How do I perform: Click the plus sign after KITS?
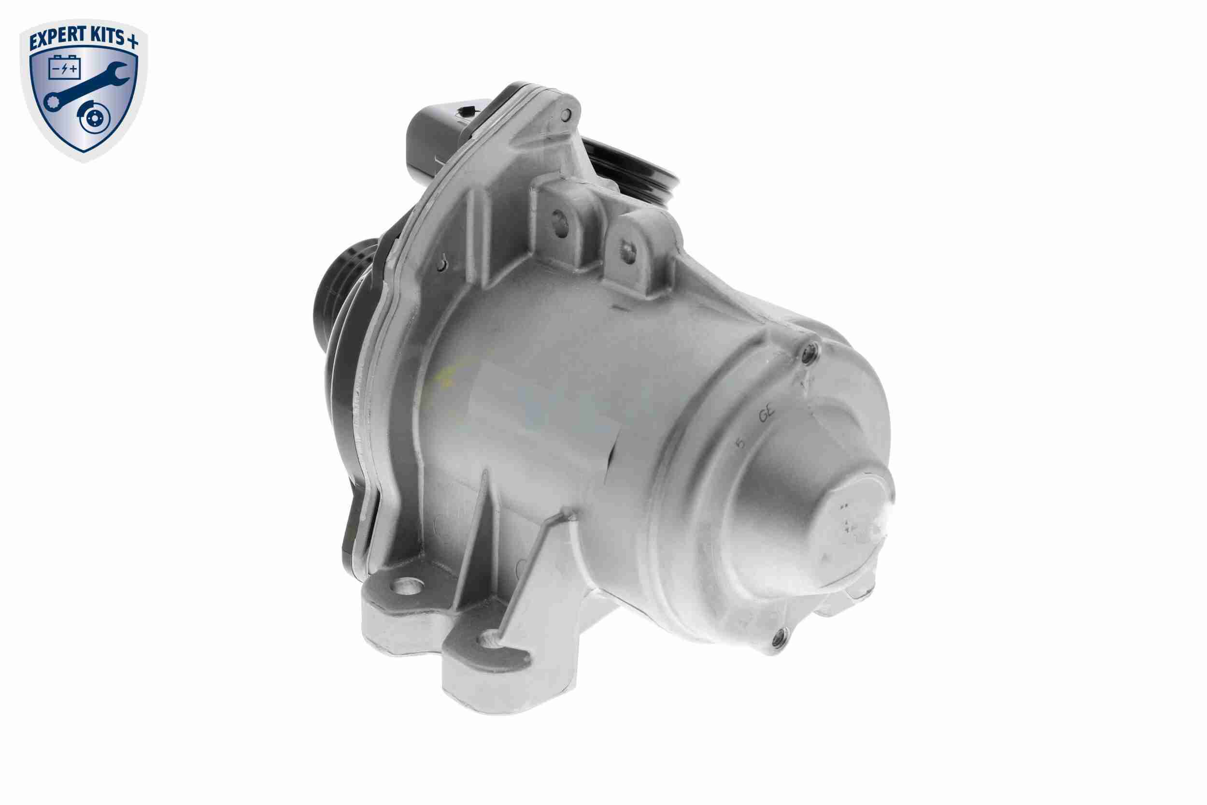pos(133,41)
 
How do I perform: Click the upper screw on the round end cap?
pos(809,352)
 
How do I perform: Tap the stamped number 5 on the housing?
pos(740,443)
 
